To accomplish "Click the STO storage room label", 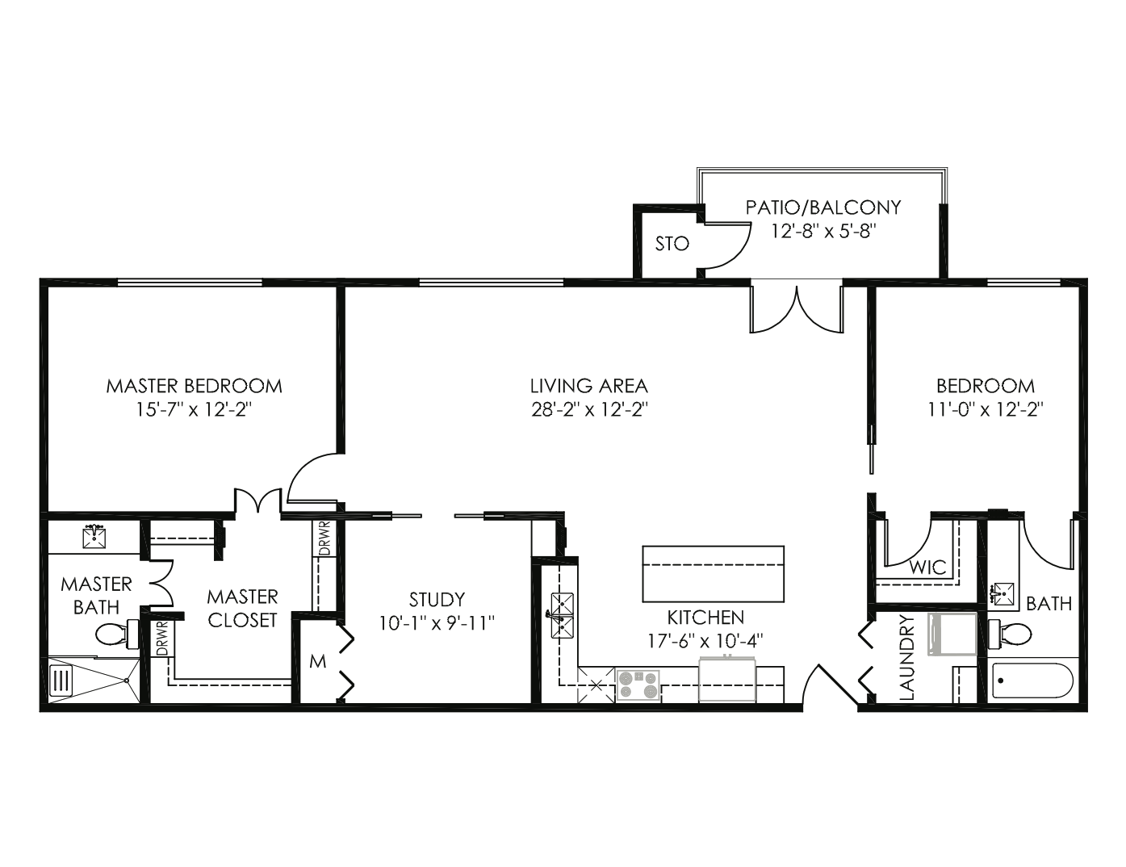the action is point(672,244).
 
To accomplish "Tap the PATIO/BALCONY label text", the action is point(823,207).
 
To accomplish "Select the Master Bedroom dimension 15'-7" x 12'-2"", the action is point(194,410).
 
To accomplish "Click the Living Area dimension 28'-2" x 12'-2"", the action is point(590,410).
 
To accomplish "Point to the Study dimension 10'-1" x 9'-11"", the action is point(437,623).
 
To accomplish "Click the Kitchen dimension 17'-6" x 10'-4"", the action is point(705,641).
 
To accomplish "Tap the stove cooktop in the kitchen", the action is point(638,685).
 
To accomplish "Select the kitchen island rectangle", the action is point(713,574).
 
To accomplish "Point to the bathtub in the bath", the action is point(1032,681).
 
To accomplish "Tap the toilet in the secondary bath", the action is point(1010,633).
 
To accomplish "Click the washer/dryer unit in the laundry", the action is point(952,635).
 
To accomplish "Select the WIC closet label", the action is point(927,568).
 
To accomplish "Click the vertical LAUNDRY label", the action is point(908,657).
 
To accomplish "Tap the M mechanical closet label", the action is point(318,661).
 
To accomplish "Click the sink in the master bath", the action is point(94,537).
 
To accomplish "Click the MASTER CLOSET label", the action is point(242,609).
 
